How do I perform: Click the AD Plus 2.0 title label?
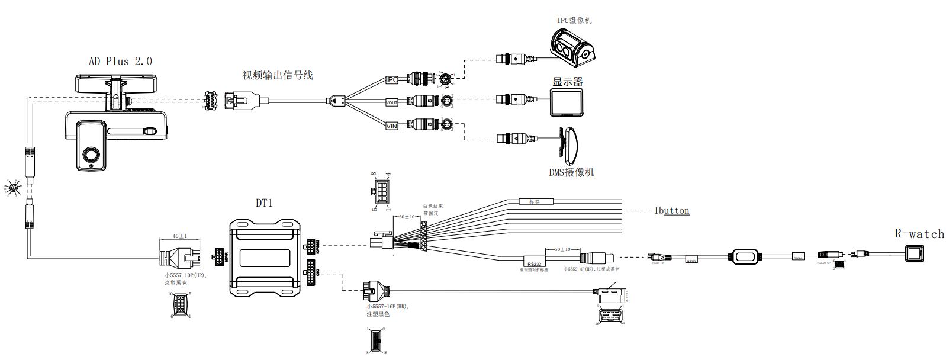(120, 62)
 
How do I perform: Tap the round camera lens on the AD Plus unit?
(91, 155)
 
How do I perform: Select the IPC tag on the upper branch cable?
(392, 79)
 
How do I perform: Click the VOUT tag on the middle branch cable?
(392, 102)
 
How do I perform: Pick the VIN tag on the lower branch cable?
(392, 126)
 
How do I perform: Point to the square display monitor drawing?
(567, 102)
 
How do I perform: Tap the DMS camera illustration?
(570, 146)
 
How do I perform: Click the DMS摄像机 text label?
(571, 173)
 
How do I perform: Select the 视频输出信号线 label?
(278, 75)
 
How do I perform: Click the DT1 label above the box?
(264, 203)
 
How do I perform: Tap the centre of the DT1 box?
(265, 258)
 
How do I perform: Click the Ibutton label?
(672, 211)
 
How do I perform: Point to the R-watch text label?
(919, 234)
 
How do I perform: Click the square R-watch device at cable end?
(914, 255)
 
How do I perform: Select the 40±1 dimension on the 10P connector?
(179, 236)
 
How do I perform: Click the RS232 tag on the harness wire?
(534, 264)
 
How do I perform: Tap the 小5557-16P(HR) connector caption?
(388, 307)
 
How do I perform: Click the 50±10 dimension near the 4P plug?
(562, 249)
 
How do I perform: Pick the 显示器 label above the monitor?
(568, 82)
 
